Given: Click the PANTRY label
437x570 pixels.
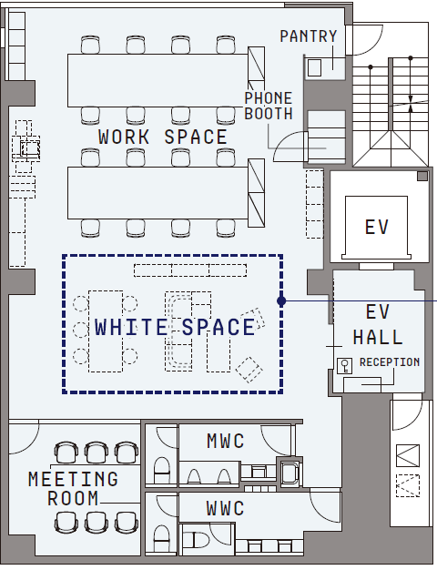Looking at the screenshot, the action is point(309,36).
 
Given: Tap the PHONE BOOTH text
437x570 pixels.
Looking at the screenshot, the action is point(269,106).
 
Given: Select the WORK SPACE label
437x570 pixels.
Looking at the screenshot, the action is point(163,137).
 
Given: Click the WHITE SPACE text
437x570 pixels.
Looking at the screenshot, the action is point(175,327).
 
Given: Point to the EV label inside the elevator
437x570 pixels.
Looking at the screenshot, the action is point(377,228).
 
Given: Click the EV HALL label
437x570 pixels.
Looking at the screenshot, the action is point(378,325).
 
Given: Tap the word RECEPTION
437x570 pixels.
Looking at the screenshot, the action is point(390,362).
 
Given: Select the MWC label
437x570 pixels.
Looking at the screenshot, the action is point(226,441).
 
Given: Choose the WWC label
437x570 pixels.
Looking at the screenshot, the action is point(225,508).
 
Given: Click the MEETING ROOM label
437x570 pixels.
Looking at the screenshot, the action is point(74,488).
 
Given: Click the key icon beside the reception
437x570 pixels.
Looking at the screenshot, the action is point(344,366).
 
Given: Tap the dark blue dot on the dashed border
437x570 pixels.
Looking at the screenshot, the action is point(281,301).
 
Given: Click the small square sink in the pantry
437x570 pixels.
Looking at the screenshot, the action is point(314,68).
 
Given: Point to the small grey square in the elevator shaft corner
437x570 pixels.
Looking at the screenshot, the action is point(422,177).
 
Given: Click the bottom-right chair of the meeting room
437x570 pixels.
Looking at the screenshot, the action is point(127,523).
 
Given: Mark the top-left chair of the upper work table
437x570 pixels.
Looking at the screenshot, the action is point(90,45).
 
